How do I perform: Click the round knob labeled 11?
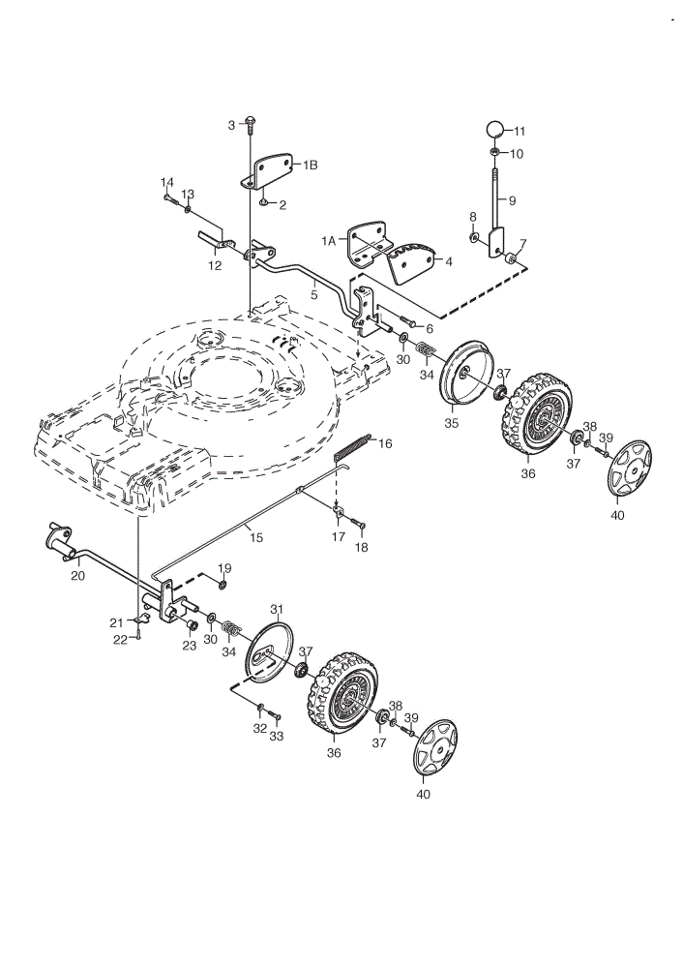[x=494, y=131]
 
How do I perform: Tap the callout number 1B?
[x=310, y=165]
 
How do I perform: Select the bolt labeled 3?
[x=250, y=124]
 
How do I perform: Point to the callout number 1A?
[x=328, y=241]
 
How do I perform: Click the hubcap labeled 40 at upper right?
[x=630, y=468]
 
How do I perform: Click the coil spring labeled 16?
[x=353, y=447]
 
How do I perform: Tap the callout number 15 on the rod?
[x=256, y=537]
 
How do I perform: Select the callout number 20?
[x=78, y=576]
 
